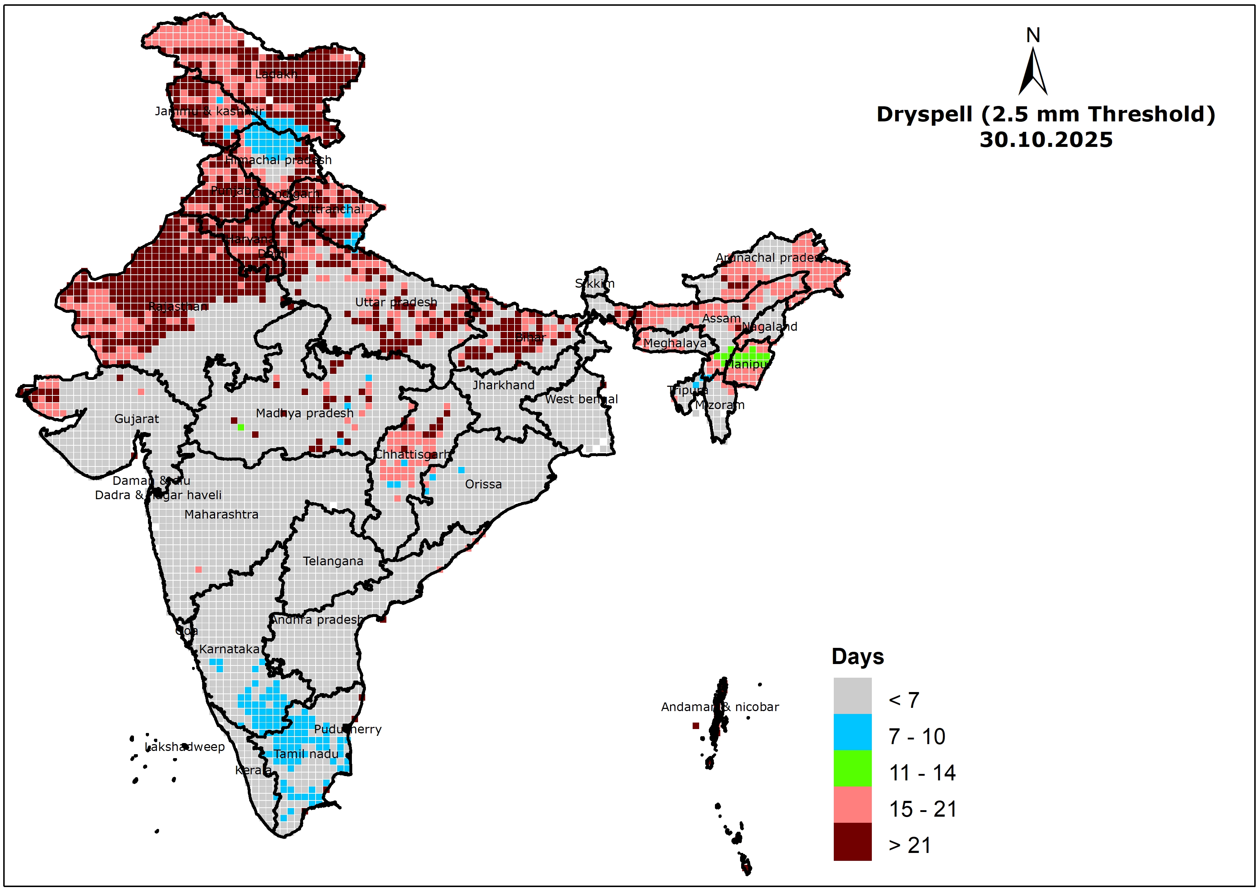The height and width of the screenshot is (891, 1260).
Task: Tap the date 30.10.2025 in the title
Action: point(1046,140)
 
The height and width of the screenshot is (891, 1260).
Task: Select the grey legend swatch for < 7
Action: point(852,696)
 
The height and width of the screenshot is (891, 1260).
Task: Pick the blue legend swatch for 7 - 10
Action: point(852,732)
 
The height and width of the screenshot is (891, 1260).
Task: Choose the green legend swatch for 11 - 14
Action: point(852,768)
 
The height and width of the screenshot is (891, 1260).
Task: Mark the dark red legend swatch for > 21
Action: point(852,841)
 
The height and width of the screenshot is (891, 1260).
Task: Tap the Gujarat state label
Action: point(137,419)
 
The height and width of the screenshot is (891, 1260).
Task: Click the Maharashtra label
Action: point(221,514)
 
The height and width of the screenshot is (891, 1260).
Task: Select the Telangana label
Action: point(333,561)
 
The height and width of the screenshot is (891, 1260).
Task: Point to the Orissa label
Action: point(483,484)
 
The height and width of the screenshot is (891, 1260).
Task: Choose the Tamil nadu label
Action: point(306,754)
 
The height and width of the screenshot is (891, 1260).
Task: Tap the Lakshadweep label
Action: point(185,747)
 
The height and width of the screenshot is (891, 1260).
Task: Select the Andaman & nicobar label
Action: point(720,707)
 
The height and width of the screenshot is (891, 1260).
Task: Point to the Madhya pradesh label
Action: point(304,413)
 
